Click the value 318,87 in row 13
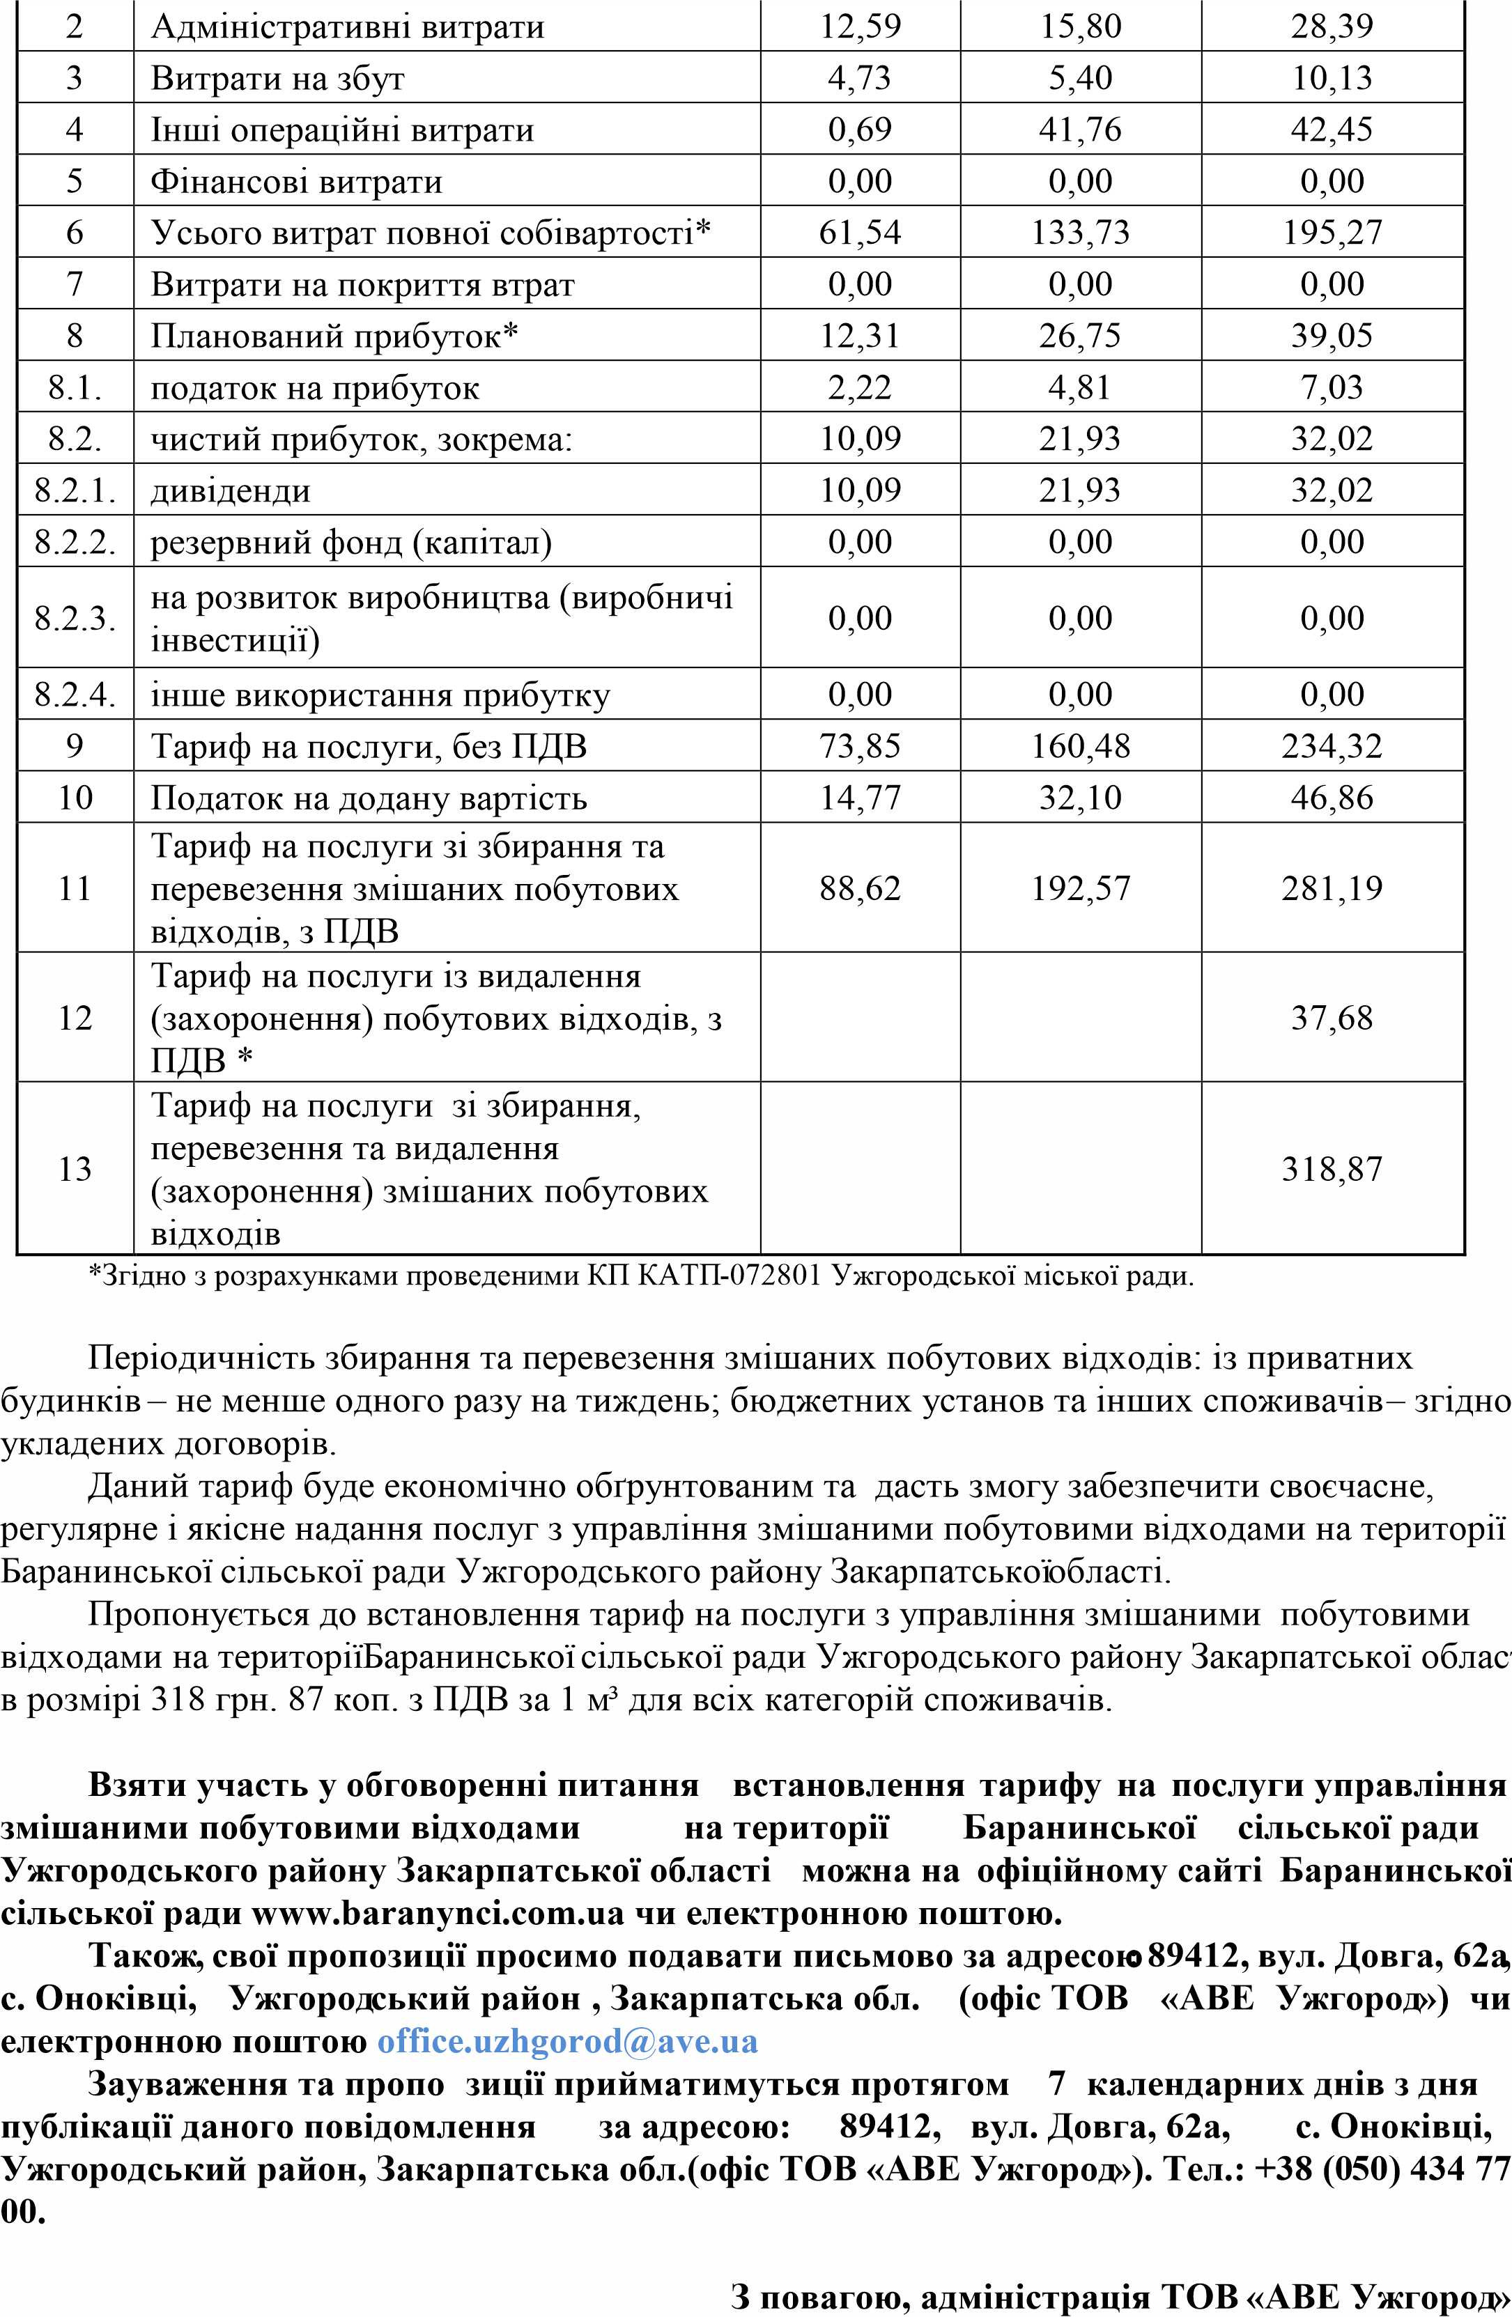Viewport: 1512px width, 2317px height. (1331, 1168)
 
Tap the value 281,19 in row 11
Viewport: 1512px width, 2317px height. (1331, 889)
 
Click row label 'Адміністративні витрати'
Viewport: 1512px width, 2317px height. (346, 26)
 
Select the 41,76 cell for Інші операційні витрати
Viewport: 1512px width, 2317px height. (1080, 130)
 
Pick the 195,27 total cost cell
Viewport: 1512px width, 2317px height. (1331, 233)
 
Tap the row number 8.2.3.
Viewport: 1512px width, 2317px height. (75, 618)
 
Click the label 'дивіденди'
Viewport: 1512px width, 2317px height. (231, 490)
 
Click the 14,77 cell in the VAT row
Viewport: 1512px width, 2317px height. (860, 798)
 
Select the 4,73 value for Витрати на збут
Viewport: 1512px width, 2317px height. (860, 78)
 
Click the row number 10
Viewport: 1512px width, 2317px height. (75, 798)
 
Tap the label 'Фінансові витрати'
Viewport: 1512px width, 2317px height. (296, 181)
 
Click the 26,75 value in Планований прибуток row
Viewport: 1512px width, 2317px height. (1080, 336)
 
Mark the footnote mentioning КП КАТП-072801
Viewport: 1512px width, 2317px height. (640, 1276)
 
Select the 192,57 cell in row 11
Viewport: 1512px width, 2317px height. (1080, 889)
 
